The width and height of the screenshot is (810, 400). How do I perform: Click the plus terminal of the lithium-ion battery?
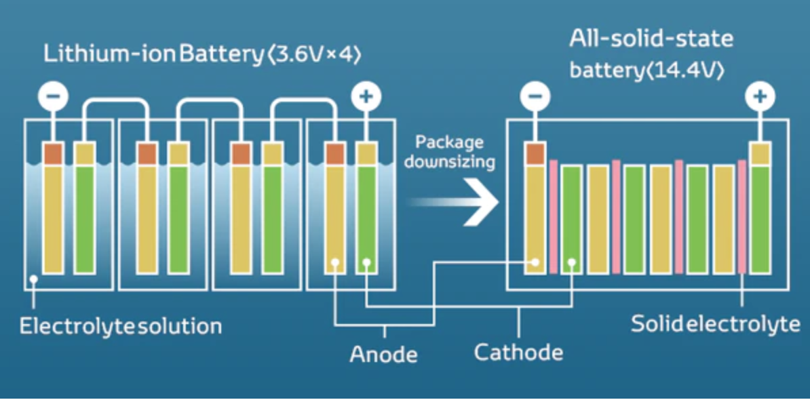(366, 97)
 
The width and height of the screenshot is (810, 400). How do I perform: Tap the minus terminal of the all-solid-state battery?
(535, 97)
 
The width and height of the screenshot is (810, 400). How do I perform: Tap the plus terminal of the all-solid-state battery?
(760, 97)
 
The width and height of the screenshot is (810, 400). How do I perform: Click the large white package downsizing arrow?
(475, 203)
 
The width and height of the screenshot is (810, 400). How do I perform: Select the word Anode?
(383, 354)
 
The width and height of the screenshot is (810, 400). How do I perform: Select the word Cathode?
(518, 353)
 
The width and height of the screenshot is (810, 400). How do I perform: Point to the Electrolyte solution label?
(121, 326)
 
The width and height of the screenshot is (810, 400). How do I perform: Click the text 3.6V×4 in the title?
(311, 55)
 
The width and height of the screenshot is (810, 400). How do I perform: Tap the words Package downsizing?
(450, 152)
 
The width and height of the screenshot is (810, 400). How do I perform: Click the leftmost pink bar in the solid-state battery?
(554, 217)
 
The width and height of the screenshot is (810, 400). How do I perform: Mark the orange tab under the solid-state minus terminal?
(535, 154)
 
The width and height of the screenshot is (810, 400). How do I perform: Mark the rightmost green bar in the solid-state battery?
(760, 220)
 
